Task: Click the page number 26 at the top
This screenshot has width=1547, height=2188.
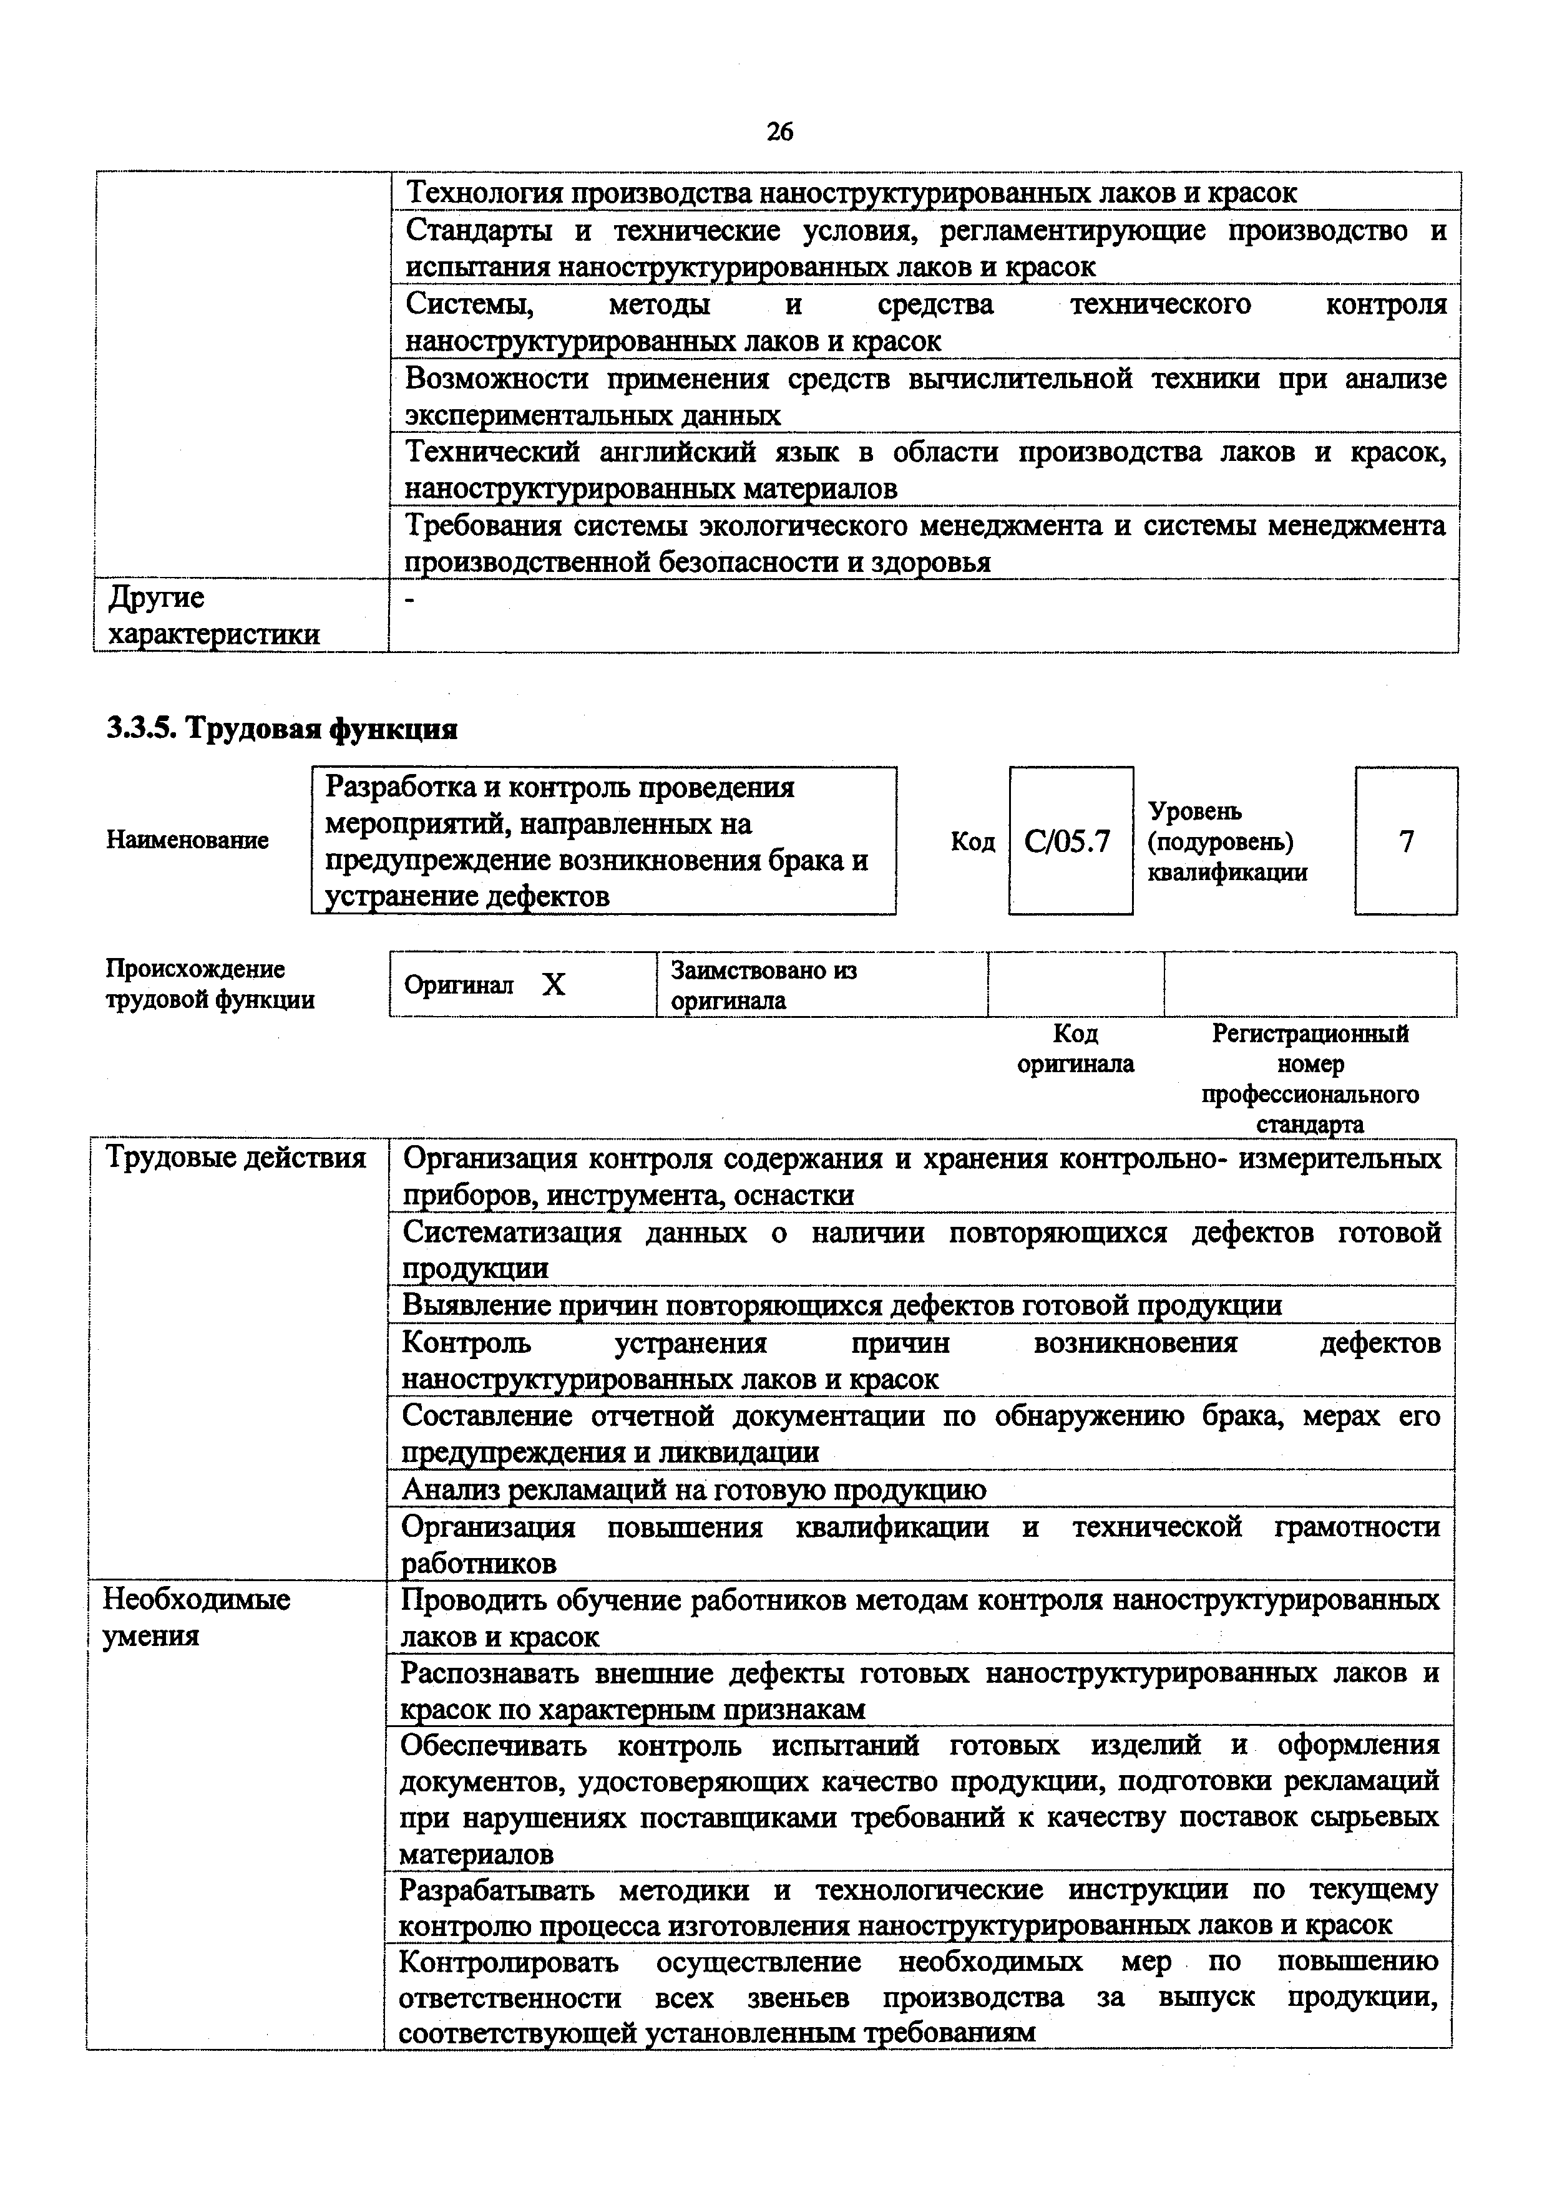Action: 779,132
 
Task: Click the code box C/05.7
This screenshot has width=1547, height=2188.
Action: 1070,841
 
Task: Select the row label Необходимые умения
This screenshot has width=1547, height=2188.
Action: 197,1617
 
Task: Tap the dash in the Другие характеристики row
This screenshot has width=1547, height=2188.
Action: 410,599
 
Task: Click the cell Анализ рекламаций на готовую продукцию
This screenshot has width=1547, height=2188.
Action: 694,1489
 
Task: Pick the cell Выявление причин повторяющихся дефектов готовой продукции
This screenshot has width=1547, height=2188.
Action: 842,1305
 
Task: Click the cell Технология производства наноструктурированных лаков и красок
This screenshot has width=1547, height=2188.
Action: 851,193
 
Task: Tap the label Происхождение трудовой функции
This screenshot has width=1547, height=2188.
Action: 210,984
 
